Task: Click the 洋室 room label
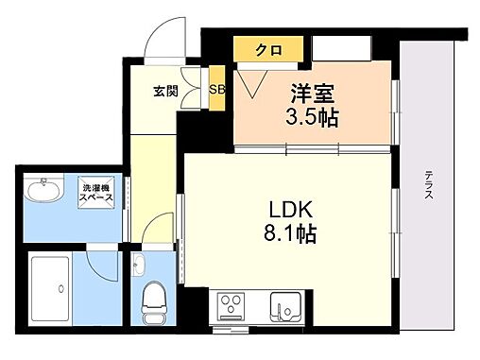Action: point(313,94)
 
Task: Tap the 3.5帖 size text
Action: point(313,118)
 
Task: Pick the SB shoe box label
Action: point(216,91)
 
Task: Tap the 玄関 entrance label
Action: point(166,92)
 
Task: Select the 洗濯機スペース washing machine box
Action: point(97,193)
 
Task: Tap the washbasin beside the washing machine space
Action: point(43,193)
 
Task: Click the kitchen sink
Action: point(284,306)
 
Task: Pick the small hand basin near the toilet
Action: point(139,262)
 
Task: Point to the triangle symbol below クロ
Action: point(251,84)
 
